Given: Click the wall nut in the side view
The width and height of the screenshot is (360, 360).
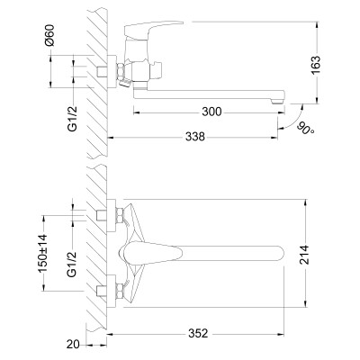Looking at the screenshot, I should tap(116, 72).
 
